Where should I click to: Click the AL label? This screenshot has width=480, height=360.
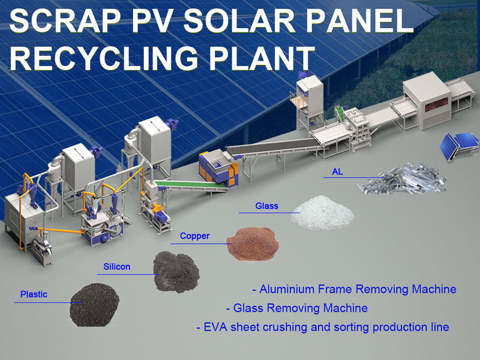pos(338,172)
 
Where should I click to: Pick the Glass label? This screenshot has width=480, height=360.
pos(266,206)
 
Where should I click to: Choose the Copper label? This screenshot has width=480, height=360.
pos(195,236)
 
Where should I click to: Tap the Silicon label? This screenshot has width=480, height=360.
pos(116,266)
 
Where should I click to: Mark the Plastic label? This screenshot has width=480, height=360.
pos(34,294)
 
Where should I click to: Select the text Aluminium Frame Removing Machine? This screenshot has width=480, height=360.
pos(358,289)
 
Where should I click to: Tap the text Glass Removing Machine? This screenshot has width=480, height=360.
pos(300,308)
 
